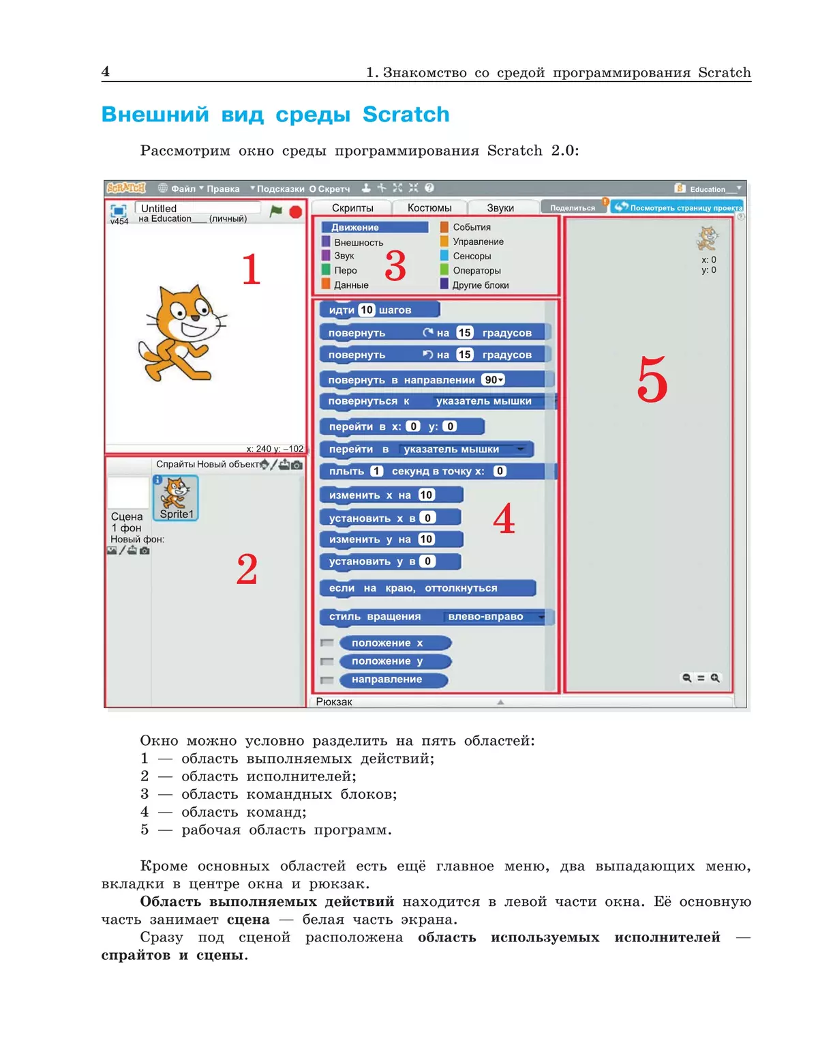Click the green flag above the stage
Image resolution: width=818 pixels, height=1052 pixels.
[275, 211]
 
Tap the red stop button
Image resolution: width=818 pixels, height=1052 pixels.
[295, 212]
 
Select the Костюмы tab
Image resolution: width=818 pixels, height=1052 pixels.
[429, 207]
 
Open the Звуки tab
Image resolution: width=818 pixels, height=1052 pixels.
[500, 207]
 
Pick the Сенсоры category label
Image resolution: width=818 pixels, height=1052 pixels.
[472, 256]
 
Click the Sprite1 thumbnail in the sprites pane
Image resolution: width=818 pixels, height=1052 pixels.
[177, 497]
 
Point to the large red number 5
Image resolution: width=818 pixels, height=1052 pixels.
[652, 380]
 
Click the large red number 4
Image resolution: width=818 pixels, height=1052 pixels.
[504, 519]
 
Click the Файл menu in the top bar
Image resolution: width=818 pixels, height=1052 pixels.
[182, 189]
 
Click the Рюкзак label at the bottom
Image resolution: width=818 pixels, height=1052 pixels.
[334, 702]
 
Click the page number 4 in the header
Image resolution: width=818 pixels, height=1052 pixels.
[106, 72]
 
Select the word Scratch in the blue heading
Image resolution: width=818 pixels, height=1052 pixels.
[406, 114]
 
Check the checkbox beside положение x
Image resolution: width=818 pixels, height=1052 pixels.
[327, 643]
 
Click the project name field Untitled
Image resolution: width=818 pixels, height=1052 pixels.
[198, 208]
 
